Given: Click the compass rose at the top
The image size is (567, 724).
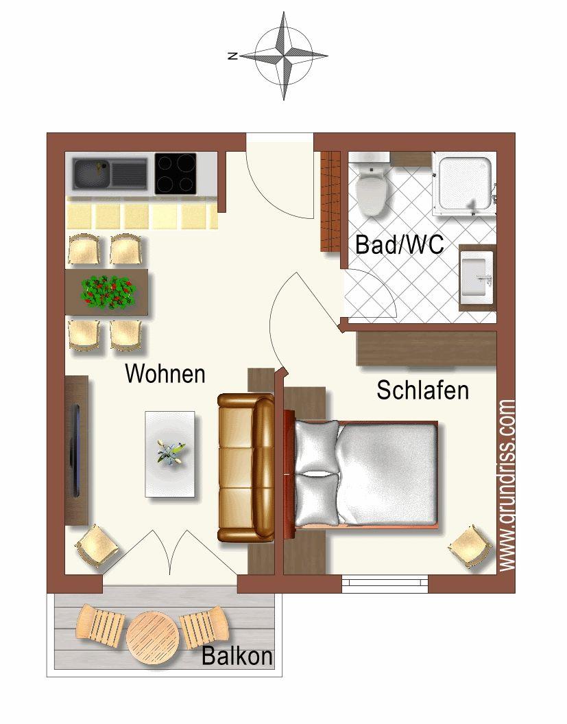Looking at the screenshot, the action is (284, 56).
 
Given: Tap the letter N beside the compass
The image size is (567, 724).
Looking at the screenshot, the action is (233, 56).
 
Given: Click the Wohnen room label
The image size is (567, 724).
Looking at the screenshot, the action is (165, 373).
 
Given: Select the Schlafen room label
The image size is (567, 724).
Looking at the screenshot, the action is (422, 390).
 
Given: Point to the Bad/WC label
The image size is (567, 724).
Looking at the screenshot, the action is (400, 244).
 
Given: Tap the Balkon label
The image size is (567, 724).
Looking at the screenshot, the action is (237, 655).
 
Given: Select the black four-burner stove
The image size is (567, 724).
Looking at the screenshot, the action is (176, 174).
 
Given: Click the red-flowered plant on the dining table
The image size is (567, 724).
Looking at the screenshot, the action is (108, 292).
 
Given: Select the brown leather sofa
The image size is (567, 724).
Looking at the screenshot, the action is (246, 468).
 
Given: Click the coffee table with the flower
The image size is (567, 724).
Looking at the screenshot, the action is (170, 454).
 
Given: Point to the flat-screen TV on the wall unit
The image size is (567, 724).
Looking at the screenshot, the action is (75, 450).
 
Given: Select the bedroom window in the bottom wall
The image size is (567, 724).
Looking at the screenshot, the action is (386, 584).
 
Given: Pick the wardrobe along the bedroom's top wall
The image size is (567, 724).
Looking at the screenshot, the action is (426, 349).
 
